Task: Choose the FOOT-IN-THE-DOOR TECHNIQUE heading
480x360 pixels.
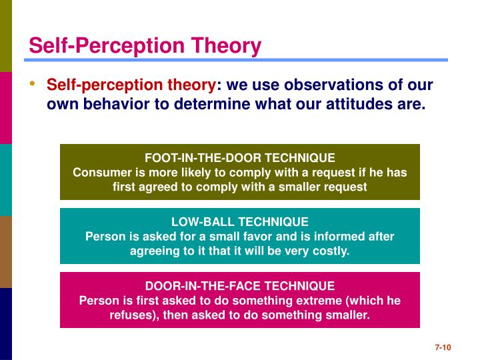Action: [240, 158]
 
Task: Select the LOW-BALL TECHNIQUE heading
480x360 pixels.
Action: [240, 222]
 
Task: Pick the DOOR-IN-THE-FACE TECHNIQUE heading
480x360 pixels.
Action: [240, 286]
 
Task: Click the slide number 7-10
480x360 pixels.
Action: [444, 347]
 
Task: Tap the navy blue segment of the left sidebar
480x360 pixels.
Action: [6, 324]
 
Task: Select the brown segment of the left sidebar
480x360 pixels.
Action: [6, 252]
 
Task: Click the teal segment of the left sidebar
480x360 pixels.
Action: [6, 180]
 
